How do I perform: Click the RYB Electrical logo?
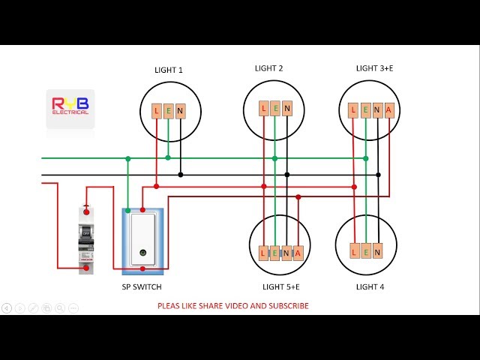pos(70,106)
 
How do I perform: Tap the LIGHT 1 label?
pos(169,70)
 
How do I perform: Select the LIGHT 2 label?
pos(268,68)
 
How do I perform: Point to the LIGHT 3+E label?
pos(374,68)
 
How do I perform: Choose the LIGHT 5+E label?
pos(281,286)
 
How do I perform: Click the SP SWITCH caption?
pos(142,286)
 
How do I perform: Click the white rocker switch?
pos(142,239)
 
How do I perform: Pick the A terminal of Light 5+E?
pos(298,253)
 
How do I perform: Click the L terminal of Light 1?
pos(156,112)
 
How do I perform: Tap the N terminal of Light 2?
pos(287,109)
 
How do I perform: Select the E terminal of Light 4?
pos(365,252)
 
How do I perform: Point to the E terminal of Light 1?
pos(168,112)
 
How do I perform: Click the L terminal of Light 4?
pos(353,252)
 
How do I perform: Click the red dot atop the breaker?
pos(86,212)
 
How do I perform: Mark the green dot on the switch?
pos(141,255)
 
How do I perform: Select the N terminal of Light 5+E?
pos(286,253)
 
